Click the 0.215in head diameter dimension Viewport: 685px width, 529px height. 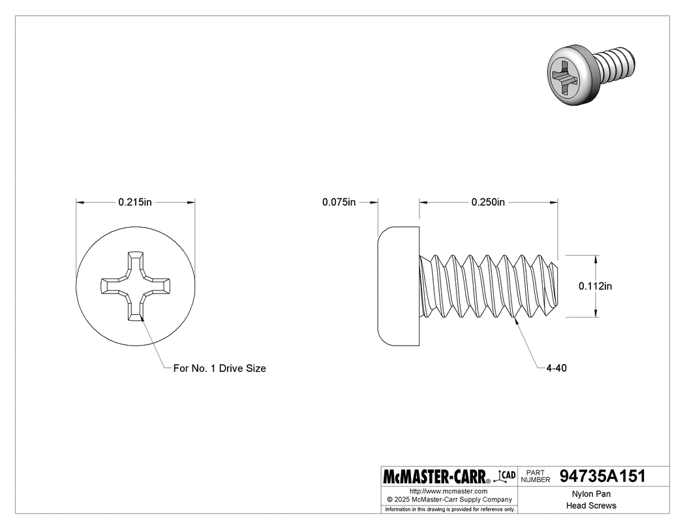point(135,202)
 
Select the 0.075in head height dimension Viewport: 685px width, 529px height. point(339,202)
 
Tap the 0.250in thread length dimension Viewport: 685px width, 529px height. point(488,202)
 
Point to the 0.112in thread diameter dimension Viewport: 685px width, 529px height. point(595,286)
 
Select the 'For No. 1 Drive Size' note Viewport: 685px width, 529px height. point(219,368)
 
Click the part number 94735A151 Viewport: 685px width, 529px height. point(603,476)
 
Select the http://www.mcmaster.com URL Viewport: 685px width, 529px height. point(448,491)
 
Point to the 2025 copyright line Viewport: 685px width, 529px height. point(448,499)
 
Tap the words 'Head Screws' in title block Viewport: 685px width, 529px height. point(590,506)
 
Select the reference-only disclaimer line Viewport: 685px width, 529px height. point(449,509)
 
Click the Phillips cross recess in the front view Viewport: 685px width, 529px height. point(135,285)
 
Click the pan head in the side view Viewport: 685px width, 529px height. point(398,285)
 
